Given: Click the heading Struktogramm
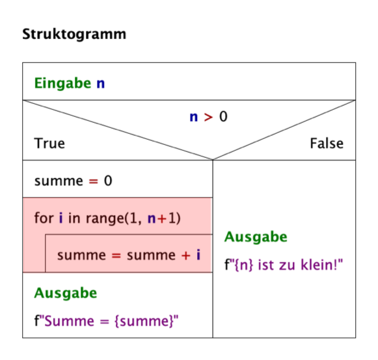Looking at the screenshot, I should click(74, 34).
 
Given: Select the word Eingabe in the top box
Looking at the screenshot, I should click(63, 84).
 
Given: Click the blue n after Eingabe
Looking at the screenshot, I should click(100, 84).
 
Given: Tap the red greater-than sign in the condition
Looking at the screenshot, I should click(208, 118).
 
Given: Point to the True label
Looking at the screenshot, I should click(49, 143).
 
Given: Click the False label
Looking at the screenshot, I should click(327, 143).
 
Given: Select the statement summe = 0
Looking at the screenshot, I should click(73, 180).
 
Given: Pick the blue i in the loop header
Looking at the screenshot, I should click(61, 218).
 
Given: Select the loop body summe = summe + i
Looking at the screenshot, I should click(128, 255).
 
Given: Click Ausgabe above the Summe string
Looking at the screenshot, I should click(65, 293).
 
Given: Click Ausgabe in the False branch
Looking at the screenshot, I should click(256, 237).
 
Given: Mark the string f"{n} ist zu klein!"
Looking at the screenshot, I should click(284, 265).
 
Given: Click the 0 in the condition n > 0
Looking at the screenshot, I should click(224, 118).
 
